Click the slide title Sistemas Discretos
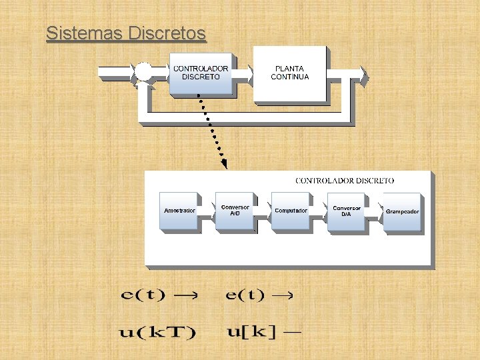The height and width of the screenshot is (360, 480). tap(126, 33)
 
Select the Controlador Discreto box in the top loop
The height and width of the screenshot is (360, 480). tap(200, 72)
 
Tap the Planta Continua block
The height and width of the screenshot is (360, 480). tap(290, 73)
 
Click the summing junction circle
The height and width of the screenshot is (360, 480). tap(144, 72)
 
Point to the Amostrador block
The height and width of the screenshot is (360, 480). tap(179, 211)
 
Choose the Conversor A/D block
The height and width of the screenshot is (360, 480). tap(235, 211)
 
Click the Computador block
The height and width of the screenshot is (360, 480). tap(291, 211)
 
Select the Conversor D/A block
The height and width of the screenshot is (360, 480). tap(346, 211)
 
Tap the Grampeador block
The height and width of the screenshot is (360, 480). tap(402, 211)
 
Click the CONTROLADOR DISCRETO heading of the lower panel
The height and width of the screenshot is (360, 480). tap(345, 181)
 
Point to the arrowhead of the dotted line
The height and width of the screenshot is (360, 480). tap(224, 163)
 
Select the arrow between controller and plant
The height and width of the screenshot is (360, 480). tap(243, 71)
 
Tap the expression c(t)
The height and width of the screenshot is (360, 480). tap(143, 295)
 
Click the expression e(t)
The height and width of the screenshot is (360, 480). tap(245, 295)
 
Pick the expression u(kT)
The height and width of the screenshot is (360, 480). tap(158, 331)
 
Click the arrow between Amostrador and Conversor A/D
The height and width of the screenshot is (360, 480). tap(207, 210)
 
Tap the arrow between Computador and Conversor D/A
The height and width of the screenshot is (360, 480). tap(319, 210)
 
